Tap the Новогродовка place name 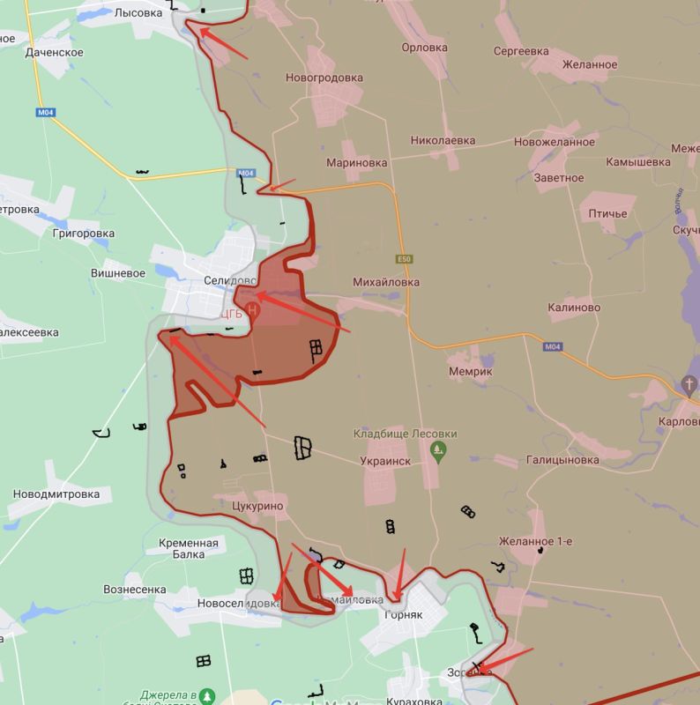(x=324, y=78)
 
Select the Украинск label (x=386, y=460)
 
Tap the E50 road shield (x=404, y=259)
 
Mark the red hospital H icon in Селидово (x=253, y=310)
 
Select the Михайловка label (x=385, y=282)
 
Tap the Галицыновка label (x=562, y=460)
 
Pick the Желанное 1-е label (x=534, y=541)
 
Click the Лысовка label (x=138, y=12)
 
